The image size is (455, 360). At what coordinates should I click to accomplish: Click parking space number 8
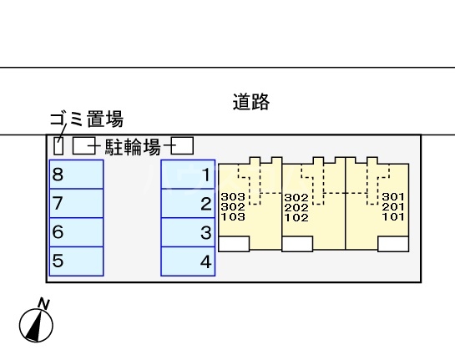(76, 175)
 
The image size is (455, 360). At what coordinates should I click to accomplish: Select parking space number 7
(76, 203)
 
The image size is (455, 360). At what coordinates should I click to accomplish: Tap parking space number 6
(76, 232)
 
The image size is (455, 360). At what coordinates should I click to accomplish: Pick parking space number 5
(76, 261)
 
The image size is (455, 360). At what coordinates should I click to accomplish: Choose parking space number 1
(188, 175)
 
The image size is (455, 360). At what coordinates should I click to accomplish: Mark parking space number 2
(188, 203)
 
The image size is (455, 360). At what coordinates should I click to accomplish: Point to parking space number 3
(188, 232)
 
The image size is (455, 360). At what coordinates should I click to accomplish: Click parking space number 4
(188, 261)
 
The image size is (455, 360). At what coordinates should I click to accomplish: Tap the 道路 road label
(250, 103)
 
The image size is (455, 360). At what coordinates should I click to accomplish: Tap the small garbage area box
(58, 145)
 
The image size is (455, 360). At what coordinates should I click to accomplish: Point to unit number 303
(234, 198)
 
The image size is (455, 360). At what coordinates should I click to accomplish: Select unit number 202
(296, 207)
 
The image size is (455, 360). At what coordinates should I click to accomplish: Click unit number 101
(392, 216)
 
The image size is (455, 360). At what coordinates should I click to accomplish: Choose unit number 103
(234, 216)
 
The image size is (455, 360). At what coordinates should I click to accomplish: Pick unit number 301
(392, 198)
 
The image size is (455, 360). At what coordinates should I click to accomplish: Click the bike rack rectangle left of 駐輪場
(83, 147)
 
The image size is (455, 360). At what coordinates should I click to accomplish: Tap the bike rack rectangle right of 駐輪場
(183, 146)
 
